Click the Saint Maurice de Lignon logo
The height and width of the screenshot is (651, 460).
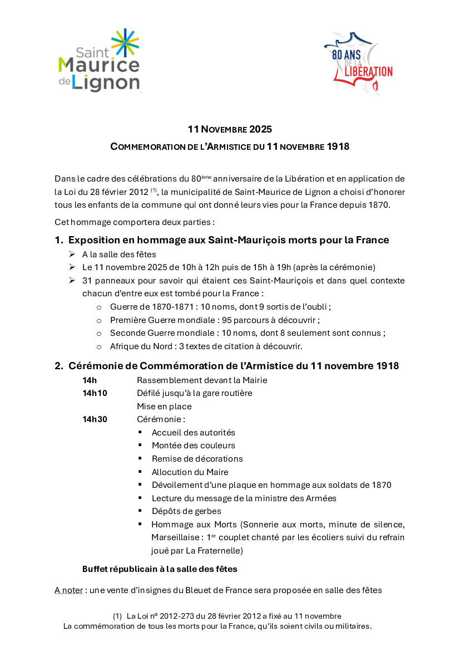(x=99, y=61)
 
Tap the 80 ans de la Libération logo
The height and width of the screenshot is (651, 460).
(x=358, y=62)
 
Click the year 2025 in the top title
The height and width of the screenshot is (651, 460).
(x=261, y=129)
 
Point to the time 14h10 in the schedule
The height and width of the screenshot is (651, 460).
(x=95, y=393)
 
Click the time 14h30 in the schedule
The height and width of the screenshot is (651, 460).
(x=95, y=419)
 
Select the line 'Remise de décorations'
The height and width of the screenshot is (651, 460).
(x=197, y=459)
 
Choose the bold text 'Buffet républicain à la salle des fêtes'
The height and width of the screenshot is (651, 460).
(x=160, y=569)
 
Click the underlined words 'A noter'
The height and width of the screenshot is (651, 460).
(x=68, y=590)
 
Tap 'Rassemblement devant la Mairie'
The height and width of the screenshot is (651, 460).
(x=202, y=380)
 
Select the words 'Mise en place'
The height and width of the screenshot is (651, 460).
(x=164, y=407)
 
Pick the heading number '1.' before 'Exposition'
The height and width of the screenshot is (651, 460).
(x=59, y=240)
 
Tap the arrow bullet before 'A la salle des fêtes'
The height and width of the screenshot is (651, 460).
(x=72, y=254)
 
